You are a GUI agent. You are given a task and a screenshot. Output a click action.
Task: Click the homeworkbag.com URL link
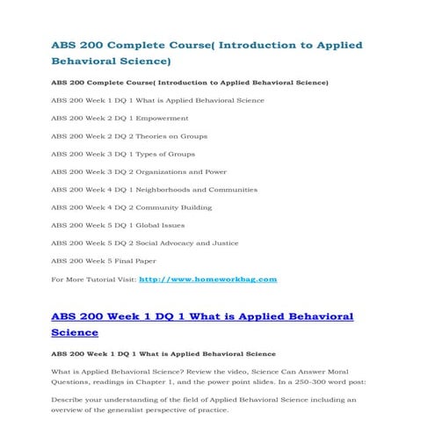(208, 279)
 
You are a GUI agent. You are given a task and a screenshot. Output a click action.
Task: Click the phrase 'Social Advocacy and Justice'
(184, 243)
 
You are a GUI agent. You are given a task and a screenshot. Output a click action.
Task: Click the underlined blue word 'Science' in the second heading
(75, 333)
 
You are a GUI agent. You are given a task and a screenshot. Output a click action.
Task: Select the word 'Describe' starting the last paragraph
(68, 399)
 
